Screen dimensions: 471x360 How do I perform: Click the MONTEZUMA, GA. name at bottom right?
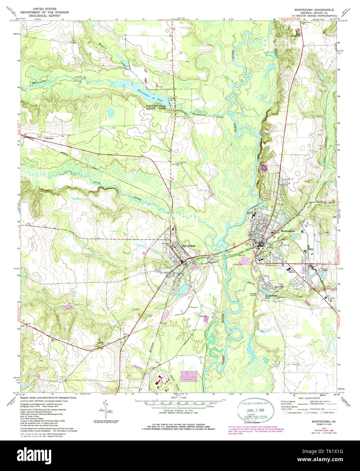coord(319,421)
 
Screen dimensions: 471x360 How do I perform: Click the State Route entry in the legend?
coord(328,413)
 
